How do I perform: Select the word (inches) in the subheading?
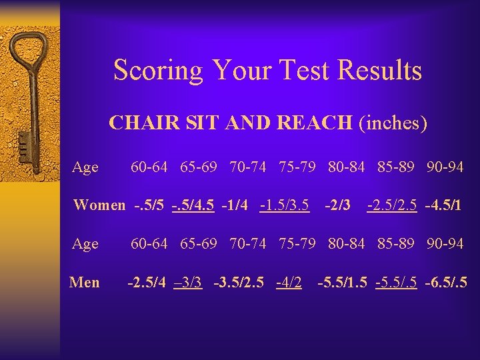coord(393,123)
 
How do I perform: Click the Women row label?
coord(99,205)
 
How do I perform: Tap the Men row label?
coord(85,283)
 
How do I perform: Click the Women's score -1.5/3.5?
coord(285,205)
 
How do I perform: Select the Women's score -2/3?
coord(337,205)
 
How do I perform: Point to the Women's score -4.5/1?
coord(443,205)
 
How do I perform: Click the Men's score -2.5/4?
coord(147,283)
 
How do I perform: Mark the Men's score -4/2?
coord(289,283)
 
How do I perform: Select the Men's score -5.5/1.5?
coord(343,283)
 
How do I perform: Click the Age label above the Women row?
coord(85,167)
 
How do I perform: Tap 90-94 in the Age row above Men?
coord(445,244)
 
